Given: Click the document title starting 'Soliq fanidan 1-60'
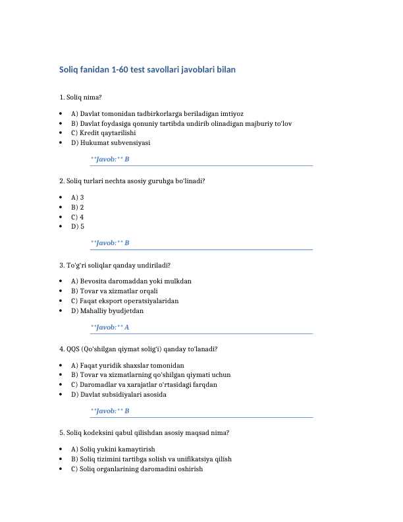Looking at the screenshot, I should click(148, 69).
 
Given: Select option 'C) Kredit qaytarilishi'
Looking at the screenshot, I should click(103, 132).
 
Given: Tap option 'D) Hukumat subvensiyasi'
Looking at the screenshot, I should click(110, 142).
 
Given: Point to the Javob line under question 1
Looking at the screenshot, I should click(110, 159).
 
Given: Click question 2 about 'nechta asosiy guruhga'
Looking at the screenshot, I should click(132, 181).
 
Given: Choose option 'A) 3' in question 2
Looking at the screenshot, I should click(77, 197).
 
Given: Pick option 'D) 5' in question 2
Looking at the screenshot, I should click(77, 227).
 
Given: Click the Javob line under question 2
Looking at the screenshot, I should click(110, 243).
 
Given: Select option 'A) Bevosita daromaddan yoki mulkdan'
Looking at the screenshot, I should click(131, 281).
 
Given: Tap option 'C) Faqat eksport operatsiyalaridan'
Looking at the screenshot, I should click(124, 301).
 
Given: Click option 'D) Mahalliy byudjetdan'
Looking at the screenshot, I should click(107, 310).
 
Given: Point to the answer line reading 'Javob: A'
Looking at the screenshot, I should click(110, 327).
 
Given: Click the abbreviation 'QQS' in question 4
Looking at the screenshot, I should click(74, 349).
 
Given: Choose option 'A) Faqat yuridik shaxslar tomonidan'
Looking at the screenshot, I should click(127, 365).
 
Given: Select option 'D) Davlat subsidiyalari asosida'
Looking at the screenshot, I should click(119, 395).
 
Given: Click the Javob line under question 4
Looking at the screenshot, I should click(110, 411).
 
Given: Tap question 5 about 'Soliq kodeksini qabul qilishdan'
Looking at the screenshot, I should click(144, 433).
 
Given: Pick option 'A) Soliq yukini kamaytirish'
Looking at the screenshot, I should click(113, 449).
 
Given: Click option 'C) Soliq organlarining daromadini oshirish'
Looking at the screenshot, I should click(136, 469).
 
